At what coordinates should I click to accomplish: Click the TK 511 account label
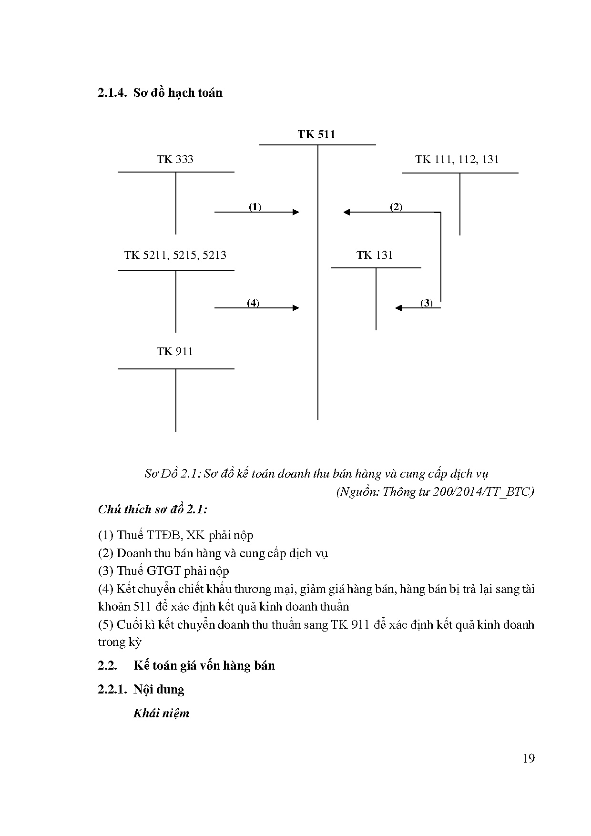(316, 134)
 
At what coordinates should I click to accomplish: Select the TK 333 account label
(175, 159)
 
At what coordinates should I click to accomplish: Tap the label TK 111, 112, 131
(457, 159)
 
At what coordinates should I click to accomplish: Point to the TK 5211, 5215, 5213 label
(175, 255)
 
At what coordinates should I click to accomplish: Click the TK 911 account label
(175, 351)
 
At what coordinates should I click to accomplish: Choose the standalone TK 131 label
(375, 255)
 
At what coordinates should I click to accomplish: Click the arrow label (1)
(255, 207)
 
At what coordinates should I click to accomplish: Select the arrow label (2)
(396, 207)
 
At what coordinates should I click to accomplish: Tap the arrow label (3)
(426, 303)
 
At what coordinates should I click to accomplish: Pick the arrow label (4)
(253, 303)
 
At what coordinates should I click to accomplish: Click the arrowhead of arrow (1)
(295, 212)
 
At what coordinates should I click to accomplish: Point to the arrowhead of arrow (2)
(346, 212)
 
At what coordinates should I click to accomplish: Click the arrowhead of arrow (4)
(295, 308)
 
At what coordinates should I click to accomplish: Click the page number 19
(528, 758)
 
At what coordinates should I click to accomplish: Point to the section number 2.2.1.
(112, 689)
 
